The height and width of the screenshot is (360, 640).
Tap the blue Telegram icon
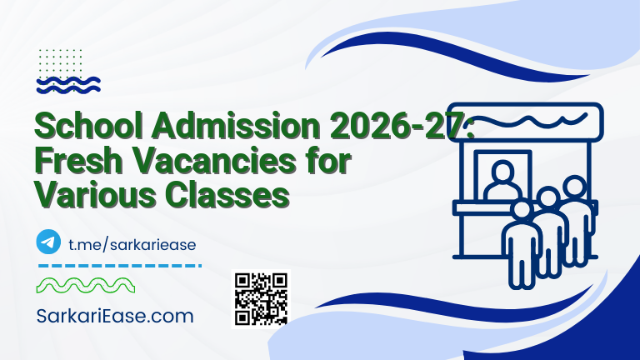click(48, 242)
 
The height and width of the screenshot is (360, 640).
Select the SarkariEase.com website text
click(115, 316)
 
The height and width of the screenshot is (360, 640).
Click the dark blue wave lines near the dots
click(69, 83)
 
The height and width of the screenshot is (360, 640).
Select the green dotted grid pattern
click(61, 59)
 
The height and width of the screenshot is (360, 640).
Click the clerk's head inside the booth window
click(502, 172)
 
